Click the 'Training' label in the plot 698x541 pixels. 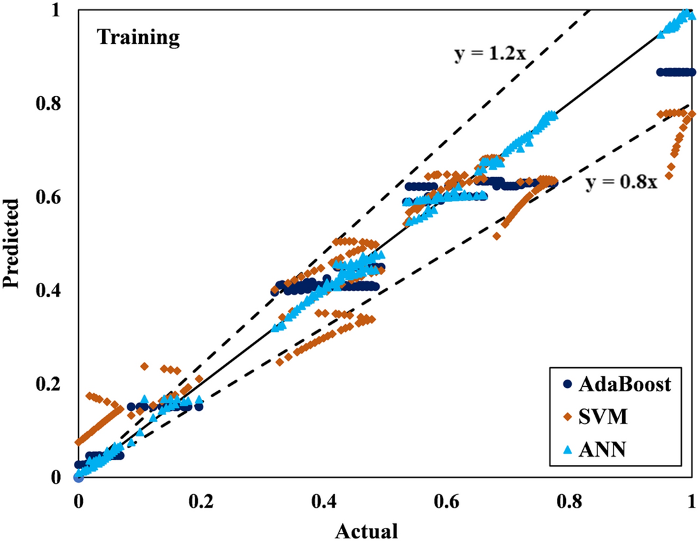pyautogui.click(x=139, y=38)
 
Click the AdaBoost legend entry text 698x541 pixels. pyautogui.click(x=624, y=384)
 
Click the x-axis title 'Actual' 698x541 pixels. pyautogui.click(x=367, y=531)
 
